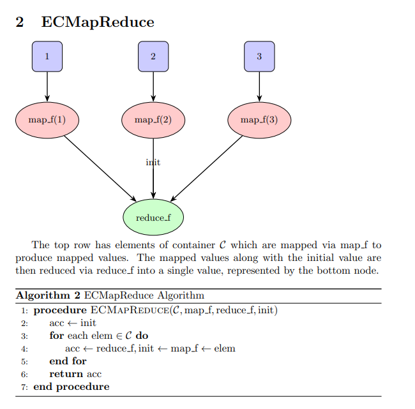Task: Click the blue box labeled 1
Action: (x=47, y=56)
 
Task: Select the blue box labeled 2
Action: (x=153, y=56)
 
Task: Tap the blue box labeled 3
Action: (x=259, y=56)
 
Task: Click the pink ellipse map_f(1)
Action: (x=47, y=119)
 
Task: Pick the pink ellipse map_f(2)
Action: (x=153, y=119)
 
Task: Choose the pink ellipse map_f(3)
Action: (x=259, y=119)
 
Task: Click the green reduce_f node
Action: (x=153, y=218)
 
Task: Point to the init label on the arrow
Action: (x=153, y=162)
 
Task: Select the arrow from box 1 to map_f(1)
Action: (x=47, y=86)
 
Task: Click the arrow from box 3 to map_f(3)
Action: (x=259, y=86)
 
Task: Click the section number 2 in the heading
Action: (x=20, y=22)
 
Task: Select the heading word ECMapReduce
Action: (x=98, y=22)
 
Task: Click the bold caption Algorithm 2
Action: (x=48, y=295)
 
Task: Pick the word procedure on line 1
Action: (x=61, y=310)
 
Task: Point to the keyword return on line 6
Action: (x=66, y=374)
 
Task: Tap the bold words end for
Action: (x=68, y=361)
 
